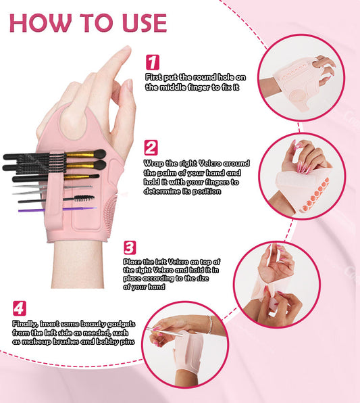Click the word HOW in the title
(x=41, y=22)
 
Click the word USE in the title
(x=145, y=22)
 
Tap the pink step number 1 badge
(x=153, y=62)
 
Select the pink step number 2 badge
(x=151, y=147)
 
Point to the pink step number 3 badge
(x=130, y=247)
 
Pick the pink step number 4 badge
(x=20, y=308)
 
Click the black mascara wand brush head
(x=84, y=198)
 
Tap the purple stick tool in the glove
(x=57, y=210)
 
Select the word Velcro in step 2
(x=210, y=163)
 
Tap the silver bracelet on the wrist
(x=210, y=325)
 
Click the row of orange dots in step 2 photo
(x=315, y=194)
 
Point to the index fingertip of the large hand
(x=126, y=49)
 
